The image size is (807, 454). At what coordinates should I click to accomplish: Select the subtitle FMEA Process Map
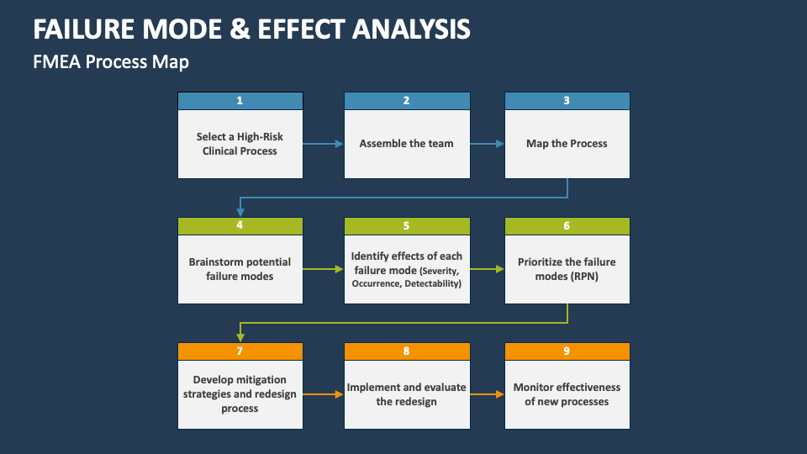(111, 62)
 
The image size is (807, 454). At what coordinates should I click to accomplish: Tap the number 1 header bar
(240, 101)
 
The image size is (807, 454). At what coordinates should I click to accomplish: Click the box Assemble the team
(406, 144)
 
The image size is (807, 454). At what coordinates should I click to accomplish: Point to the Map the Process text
(567, 144)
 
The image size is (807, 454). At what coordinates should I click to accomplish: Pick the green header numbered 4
(240, 226)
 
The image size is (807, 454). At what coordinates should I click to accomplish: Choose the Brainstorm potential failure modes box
(240, 269)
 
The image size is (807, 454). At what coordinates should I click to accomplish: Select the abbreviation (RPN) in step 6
(581, 276)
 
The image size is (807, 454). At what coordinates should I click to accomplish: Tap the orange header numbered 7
(240, 351)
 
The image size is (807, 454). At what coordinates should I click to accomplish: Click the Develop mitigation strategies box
(240, 394)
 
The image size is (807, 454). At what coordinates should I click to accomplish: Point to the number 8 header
(406, 351)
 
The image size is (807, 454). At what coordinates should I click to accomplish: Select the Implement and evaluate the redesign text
(406, 394)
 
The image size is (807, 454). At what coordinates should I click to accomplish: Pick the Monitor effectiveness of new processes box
(567, 394)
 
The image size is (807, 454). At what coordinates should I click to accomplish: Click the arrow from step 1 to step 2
(323, 144)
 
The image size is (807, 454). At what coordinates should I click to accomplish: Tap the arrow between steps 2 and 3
(487, 144)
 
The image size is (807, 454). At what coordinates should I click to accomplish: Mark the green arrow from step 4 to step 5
(323, 269)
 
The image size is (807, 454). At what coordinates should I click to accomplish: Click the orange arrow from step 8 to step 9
(487, 394)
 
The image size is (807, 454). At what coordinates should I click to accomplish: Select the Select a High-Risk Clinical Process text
(240, 144)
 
